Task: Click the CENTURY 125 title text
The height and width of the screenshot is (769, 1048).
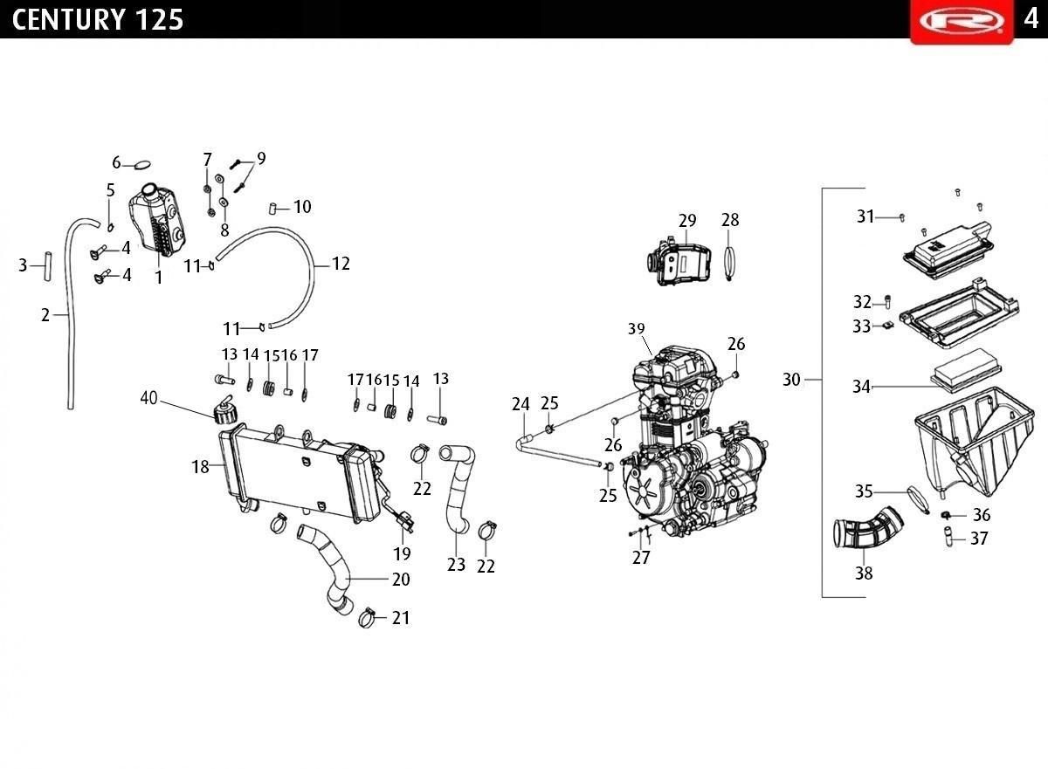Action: coord(97,19)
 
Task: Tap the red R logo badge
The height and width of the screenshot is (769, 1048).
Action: coord(962,21)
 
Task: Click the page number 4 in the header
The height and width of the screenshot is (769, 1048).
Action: coord(1031,19)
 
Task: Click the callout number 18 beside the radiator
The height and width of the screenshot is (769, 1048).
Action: coord(200,466)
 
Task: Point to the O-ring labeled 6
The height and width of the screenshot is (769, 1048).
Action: coord(142,165)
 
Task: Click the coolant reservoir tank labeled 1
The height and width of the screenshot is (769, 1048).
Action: coord(158,220)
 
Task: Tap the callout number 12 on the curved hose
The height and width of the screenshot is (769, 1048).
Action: coord(341,264)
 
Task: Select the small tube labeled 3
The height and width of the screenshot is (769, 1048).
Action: coord(47,266)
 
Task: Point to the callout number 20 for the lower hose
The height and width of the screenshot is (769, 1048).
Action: coord(401,580)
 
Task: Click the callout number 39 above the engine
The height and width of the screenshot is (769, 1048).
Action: coord(637,329)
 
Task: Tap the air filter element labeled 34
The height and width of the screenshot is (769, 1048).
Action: coord(966,377)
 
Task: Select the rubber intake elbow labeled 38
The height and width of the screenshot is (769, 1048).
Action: coord(869,528)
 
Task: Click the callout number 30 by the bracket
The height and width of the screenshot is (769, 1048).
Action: coord(791,379)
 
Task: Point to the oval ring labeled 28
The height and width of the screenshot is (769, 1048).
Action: coord(729,264)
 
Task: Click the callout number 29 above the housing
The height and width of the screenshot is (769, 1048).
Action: coord(687,220)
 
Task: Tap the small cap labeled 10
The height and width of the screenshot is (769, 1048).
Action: coord(272,209)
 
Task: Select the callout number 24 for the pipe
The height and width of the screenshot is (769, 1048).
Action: coord(521,404)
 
